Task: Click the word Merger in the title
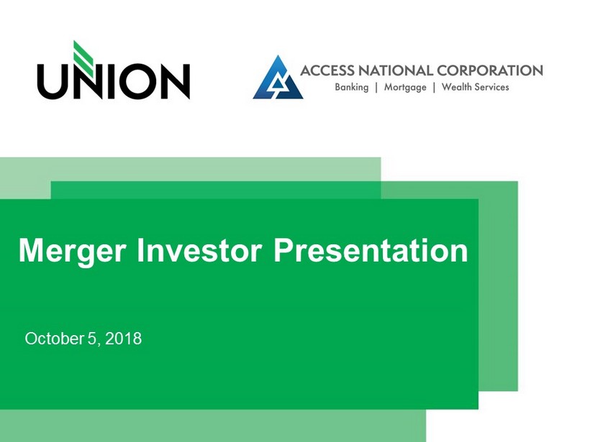(72, 252)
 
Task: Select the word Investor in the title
(199, 250)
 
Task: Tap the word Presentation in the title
(371, 250)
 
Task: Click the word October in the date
(54, 339)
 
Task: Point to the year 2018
(124, 339)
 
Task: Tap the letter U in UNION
(53, 82)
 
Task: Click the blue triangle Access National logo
(278, 78)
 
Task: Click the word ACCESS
(327, 70)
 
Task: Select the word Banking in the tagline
(352, 88)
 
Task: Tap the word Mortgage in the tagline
(405, 88)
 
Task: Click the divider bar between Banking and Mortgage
(376, 88)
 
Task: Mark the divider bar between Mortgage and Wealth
(434, 88)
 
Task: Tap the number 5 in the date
(92, 339)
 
